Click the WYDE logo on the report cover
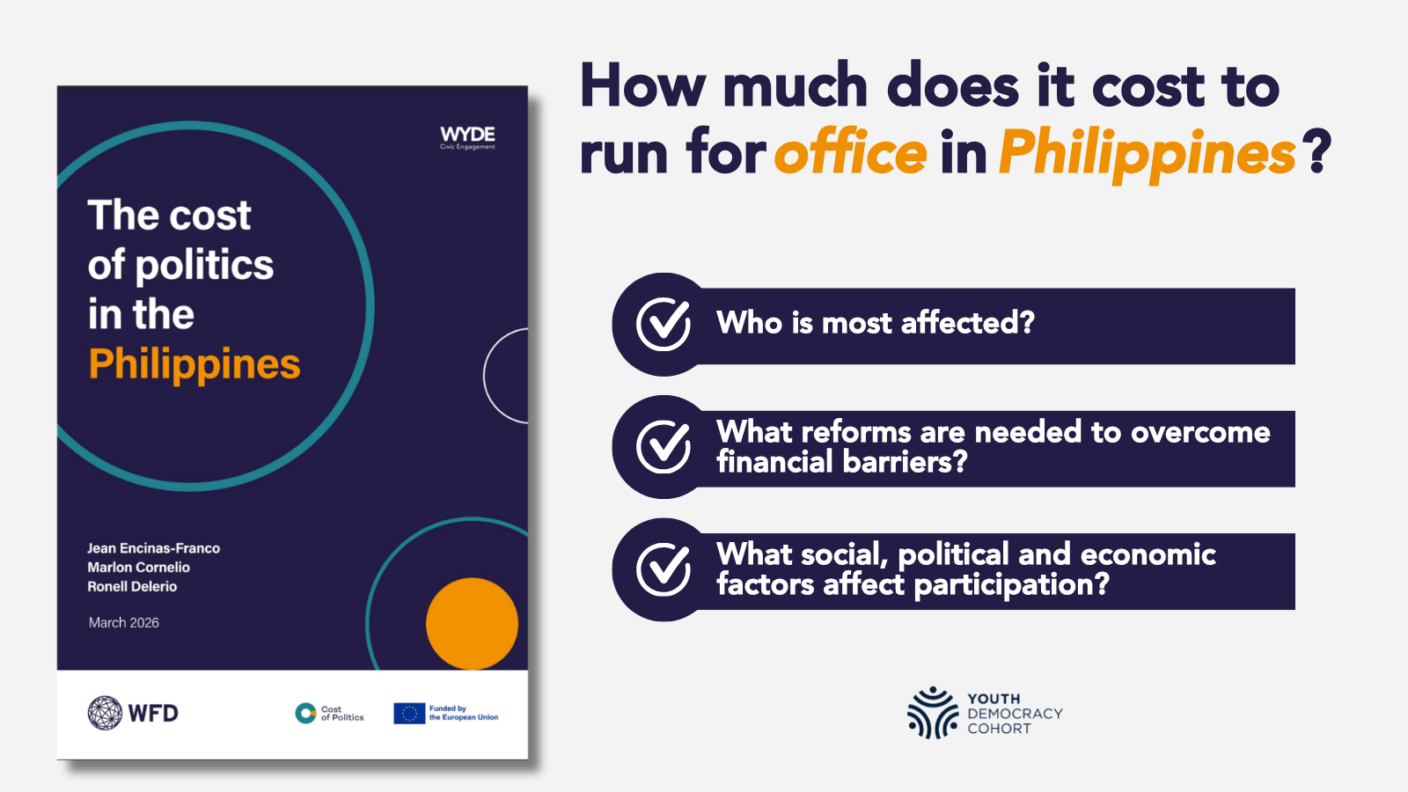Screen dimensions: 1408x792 467,137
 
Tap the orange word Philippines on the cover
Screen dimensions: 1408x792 194,364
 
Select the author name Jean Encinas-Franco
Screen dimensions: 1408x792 153,548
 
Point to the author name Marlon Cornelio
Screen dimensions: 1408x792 138,567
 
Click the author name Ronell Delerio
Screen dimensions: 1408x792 132,586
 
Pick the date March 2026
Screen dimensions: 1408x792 124,622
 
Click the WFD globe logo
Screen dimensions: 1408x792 105,713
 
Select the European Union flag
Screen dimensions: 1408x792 409,714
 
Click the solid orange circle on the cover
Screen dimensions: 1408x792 472,624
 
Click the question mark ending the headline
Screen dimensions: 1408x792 1317,151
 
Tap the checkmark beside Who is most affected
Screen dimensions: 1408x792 664,325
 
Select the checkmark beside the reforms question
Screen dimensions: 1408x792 664,446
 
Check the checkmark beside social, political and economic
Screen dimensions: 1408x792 664,568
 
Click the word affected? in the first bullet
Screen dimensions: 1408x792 967,322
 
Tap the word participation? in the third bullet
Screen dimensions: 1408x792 1011,585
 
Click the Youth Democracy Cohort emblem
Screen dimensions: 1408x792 933,713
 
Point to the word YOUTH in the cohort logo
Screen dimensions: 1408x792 994,699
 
